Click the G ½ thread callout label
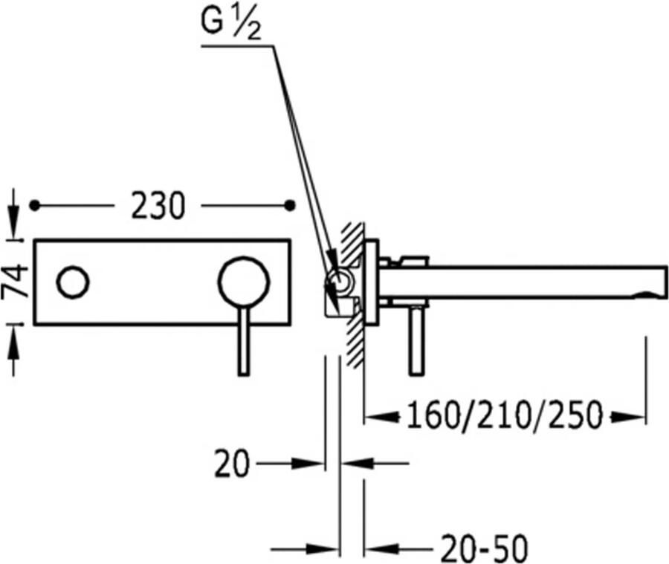point(231,25)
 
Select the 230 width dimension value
point(158,206)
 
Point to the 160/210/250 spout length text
point(504,415)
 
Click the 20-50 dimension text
point(484,548)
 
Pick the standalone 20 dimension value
point(231,464)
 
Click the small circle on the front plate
point(73,282)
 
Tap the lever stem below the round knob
point(244,341)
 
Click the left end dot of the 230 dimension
point(34,206)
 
